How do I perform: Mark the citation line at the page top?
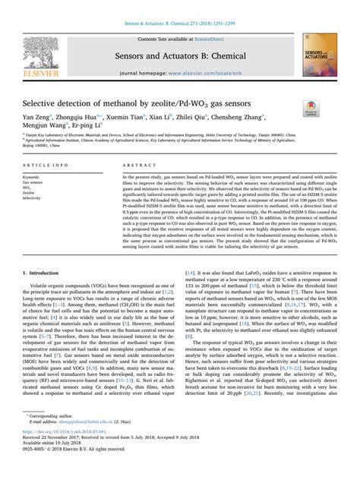(x=180, y=14)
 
